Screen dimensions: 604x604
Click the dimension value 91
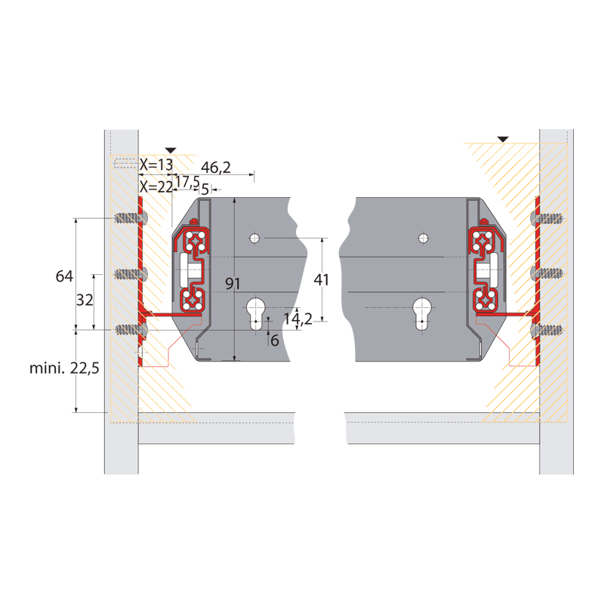(x=233, y=284)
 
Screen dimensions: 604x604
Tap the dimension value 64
(x=64, y=276)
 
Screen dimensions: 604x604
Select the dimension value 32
(x=85, y=300)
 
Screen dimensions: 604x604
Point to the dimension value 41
(x=322, y=279)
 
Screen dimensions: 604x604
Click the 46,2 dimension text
(x=216, y=168)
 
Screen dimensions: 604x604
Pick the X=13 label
(x=156, y=165)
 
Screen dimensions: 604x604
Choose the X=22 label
(x=156, y=187)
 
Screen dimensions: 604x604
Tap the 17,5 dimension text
(x=187, y=181)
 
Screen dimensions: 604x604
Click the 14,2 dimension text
(x=298, y=319)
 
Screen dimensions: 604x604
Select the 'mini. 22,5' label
(x=64, y=368)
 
